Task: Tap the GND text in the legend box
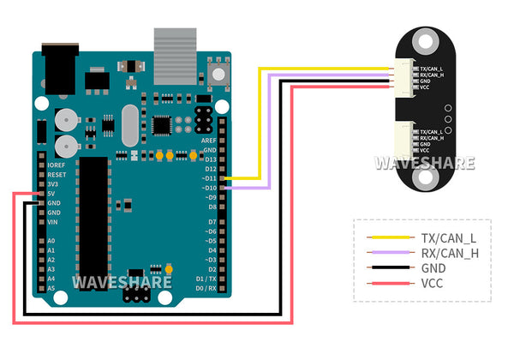[433, 267]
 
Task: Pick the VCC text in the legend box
[433, 283]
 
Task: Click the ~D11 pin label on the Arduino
[206, 178]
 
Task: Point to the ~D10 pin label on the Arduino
[206, 188]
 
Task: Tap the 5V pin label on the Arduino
[53, 194]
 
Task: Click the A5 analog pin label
[52, 288]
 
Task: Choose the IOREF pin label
[57, 165]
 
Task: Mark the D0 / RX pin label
[206, 288]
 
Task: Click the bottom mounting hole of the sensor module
[426, 178]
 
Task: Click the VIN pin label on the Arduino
[53, 222]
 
